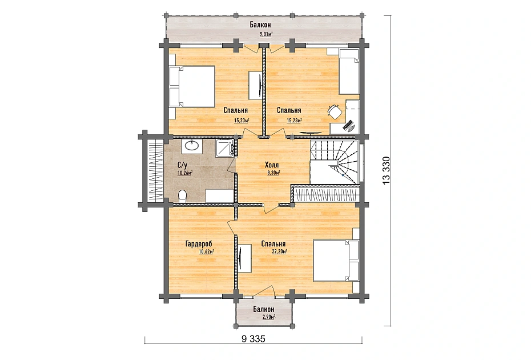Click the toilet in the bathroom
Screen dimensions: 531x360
click(183, 196)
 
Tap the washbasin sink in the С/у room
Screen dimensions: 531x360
click(192, 145)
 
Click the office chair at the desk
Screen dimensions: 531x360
click(335, 111)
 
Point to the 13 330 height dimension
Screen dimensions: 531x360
click(386, 170)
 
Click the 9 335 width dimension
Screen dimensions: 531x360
click(254, 338)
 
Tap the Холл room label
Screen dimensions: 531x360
click(272, 165)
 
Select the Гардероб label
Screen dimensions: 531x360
click(199, 244)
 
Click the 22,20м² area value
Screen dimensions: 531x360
click(279, 251)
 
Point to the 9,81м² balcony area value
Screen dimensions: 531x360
click(266, 34)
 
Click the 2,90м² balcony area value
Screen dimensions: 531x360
click(268, 317)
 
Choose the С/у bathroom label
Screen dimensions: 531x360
click(182, 165)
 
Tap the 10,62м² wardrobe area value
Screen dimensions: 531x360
click(206, 251)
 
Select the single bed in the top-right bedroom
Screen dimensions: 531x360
click(349, 71)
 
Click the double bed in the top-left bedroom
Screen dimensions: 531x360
click(192, 86)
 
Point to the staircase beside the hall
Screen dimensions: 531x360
click(335, 162)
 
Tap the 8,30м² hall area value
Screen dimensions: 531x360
click(273, 173)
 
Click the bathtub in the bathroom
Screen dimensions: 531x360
click(220, 196)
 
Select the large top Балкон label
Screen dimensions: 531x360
click(260, 25)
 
